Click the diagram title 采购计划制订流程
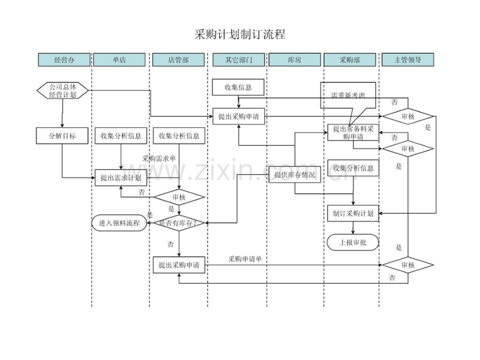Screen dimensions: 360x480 pyautogui.click(x=239, y=35)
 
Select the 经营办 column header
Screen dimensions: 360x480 pyautogui.click(x=64, y=60)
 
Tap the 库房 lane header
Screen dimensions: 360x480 pyautogui.click(x=295, y=60)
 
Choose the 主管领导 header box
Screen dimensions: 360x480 pyautogui.click(x=407, y=60)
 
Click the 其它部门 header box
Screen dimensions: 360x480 pyautogui.click(x=238, y=60)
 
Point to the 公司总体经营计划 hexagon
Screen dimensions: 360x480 pyautogui.click(x=63, y=91)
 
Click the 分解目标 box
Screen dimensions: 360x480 pyautogui.click(x=63, y=136)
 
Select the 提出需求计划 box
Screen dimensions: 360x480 pyautogui.click(x=121, y=178)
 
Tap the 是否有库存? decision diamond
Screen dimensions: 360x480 pyautogui.click(x=179, y=223)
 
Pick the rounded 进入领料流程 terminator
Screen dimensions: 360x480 pyautogui.click(x=119, y=223)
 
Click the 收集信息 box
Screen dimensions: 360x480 pyautogui.click(x=238, y=87)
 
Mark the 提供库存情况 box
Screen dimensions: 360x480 pyautogui.click(x=295, y=175)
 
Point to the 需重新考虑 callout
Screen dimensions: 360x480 pyautogui.click(x=348, y=95)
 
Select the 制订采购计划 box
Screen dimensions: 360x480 pyautogui.click(x=353, y=213)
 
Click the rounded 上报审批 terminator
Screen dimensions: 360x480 pyautogui.click(x=353, y=242)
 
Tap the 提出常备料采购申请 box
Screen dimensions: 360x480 pyautogui.click(x=353, y=133)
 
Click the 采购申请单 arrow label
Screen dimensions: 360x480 pyautogui.click(x=245, y=259)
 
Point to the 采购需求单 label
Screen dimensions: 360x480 pyautogui.click(x=159, y=158)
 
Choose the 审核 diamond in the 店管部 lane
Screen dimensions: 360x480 pyautogui.click(x=179, y=197)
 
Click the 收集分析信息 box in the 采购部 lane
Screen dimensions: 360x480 pyautogui.click(x=353, y=168)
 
